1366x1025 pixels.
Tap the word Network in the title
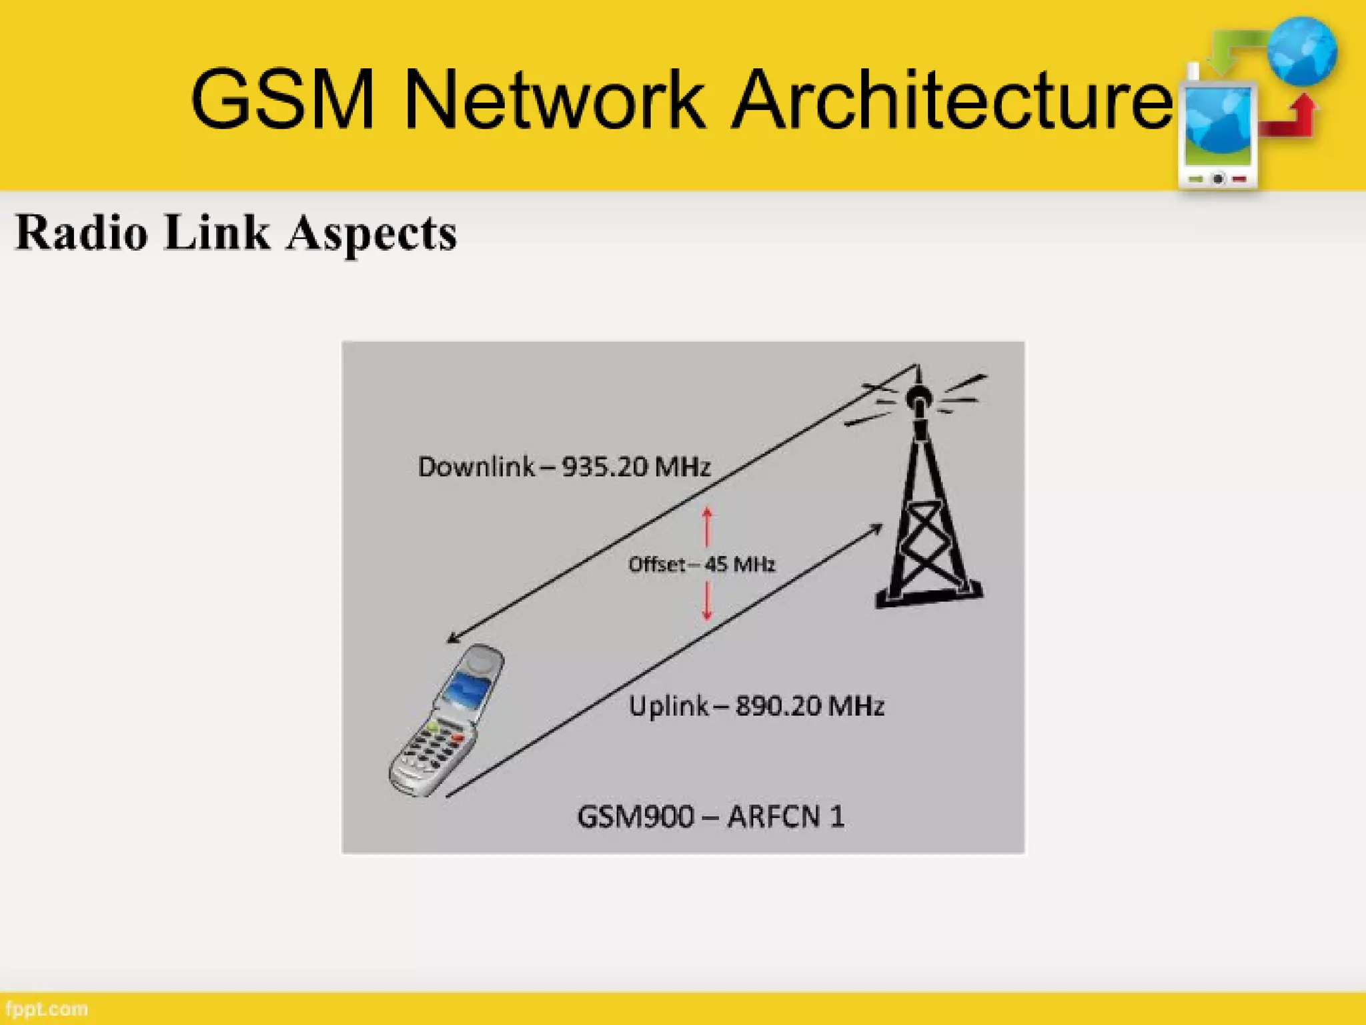[554, 100]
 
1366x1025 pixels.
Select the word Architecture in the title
[951, 100]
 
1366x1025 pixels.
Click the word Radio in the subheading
[81, 234]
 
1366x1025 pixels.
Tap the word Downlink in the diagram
[476, 466]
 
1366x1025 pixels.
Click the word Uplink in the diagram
[668, 706]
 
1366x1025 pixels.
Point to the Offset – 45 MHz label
[702, 565]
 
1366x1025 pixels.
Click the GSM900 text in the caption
[635, 816]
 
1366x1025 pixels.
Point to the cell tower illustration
[927, 507]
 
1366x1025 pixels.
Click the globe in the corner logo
[1302, 52]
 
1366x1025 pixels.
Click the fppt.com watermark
[45, 1009]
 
